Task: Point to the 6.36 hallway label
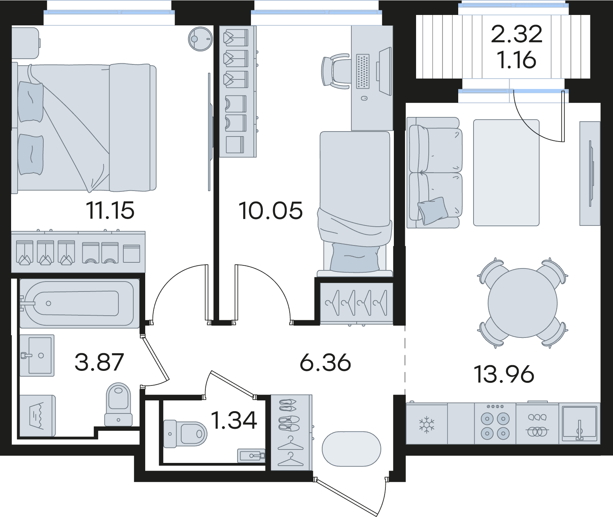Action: (x=325, y=362)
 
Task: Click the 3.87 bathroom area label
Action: (x=99, y=362)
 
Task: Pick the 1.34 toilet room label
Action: (x=234, y=421)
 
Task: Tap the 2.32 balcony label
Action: (x=517, y=35)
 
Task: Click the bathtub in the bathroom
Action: (x=79, y=303)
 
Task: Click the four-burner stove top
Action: (x=495, y=424)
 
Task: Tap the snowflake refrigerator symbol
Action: (x=425, y=425)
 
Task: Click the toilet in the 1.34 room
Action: (x=185, y=434)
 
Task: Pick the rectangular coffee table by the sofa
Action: (x=506, y=173)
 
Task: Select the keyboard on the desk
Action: (x=363, y=72)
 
